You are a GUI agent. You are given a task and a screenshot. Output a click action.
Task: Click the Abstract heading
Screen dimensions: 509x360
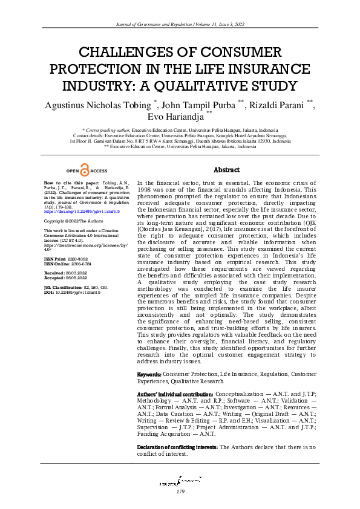tap(227, 170)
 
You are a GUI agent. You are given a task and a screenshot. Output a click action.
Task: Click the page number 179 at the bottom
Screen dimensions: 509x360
tap(180, 492)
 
